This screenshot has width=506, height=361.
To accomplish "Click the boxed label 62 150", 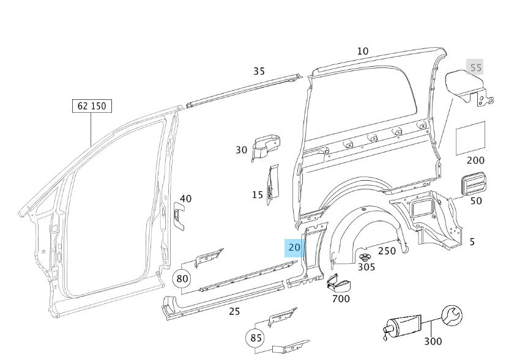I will click(91, 106).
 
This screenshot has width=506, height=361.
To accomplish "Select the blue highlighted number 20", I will click(294, 248).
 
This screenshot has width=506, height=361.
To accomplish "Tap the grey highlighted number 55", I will click(475, 68).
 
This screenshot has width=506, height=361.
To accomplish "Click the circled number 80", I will click(182, 279).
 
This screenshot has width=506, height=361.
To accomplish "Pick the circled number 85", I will click(255, 338).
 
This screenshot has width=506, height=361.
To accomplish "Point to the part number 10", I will click(362, 51).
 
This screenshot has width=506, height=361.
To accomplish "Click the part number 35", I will click(259, 71).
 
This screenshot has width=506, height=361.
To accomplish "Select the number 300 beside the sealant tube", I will click(433, 341).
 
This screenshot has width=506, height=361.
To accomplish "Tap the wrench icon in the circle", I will click(452, 316).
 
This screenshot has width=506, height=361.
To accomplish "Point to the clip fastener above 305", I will click(366, 256).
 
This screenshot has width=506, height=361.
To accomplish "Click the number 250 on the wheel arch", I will click(387, 251).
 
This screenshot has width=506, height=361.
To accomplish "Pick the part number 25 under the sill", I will click(234, 312).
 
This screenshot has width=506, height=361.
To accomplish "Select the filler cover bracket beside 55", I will click(467, 87).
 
